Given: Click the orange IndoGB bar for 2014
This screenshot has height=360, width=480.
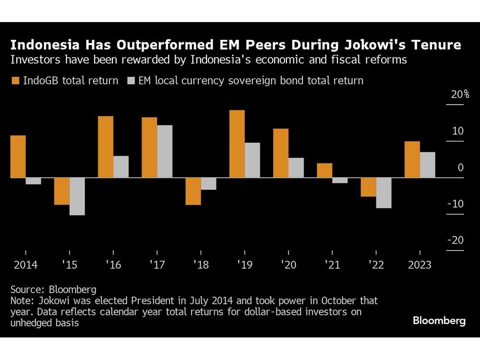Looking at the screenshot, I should [x=18, y=156].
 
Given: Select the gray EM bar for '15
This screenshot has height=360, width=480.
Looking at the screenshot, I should [x=77, y=196].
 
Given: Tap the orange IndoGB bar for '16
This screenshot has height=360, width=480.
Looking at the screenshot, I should [x=106, y=147].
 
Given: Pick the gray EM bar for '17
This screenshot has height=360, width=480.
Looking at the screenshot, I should [x=165, y=151].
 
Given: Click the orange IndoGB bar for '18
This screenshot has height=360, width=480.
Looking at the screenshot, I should [x=193, y=191].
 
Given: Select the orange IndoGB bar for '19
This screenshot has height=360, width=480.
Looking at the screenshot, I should [x=237, y=144].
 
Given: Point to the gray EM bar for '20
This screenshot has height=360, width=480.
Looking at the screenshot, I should [x=296, y=168].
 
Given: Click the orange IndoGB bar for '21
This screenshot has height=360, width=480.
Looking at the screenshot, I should [x=324, y=170].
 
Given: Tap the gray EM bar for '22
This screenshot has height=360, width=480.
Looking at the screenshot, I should [x=384, y=192].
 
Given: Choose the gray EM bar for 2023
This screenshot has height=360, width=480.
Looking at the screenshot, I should [x=427, y=165].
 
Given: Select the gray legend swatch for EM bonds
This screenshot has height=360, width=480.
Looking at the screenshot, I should [x=131, y=81].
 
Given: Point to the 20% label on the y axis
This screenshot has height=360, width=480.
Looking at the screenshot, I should [x=460, y=95].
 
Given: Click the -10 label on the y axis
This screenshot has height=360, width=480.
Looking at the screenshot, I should [x=456, y=204].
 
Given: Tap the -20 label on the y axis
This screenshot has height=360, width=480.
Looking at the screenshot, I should [x=456, y=240].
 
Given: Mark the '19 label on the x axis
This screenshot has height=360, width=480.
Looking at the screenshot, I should [x=244, y=265].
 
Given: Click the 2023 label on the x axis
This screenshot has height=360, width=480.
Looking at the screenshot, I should [x=420, y=265].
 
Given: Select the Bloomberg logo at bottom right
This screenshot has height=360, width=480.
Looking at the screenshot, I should [x=439, y=321].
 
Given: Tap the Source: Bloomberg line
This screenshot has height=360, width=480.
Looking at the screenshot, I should [x=53, y=290].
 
